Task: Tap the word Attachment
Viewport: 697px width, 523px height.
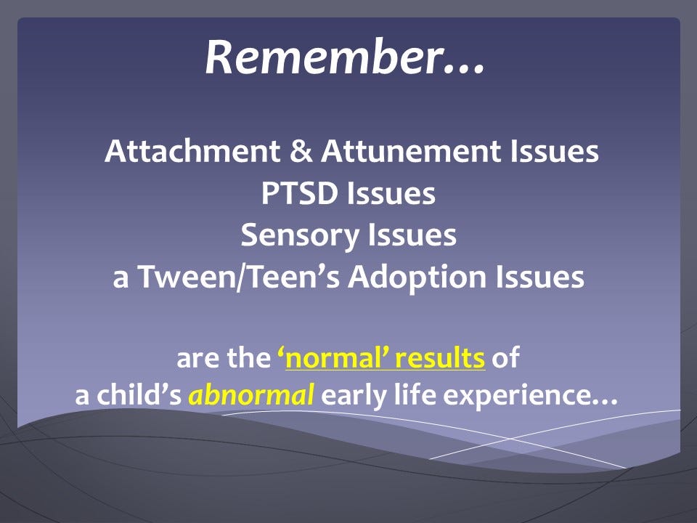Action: coord(192,151)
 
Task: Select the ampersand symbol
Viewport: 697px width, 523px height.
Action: coord(301,151)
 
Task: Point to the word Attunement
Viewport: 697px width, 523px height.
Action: coord(411,151)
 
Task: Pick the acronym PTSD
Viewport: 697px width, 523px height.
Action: coord(298,193)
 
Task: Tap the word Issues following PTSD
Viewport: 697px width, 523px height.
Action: coord(391,193)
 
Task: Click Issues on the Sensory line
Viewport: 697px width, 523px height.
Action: coord(412,235)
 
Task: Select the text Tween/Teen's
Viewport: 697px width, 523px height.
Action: coord(239,277)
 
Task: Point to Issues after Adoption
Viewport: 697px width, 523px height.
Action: coord(539,277)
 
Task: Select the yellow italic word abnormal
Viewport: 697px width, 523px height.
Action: coord(252,394)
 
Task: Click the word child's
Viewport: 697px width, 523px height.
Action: coord(139,394)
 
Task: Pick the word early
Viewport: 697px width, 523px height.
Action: coord(354,396)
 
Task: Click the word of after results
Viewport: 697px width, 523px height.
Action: coord(505,357)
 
